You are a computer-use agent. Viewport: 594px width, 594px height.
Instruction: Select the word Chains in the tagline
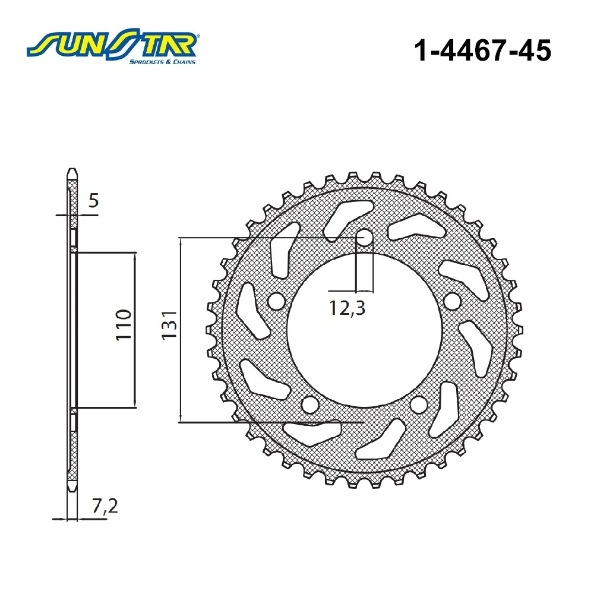click(x=185, y=62)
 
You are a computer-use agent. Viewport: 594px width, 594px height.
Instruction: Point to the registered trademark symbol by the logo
click(x=198, y=37)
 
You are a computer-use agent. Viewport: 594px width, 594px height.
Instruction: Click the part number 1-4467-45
click(x=482, y=50)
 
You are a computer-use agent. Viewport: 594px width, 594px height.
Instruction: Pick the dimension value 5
click(x=93, y=200)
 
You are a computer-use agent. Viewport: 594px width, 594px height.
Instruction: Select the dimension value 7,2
click(x=105, y=505)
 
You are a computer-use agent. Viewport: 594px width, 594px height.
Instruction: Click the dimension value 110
click(x=124, y=325)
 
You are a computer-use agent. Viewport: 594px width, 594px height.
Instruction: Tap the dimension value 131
click(x=169, y=325)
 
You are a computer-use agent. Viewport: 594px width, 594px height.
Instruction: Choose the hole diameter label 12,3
click(x=347, y=308)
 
